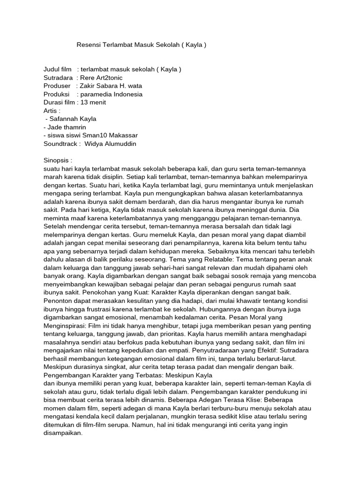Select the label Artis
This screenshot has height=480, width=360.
52,111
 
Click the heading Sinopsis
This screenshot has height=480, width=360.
58,160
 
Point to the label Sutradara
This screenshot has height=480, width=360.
58,78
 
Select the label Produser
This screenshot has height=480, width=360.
57,86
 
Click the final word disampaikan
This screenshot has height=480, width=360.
62,433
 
